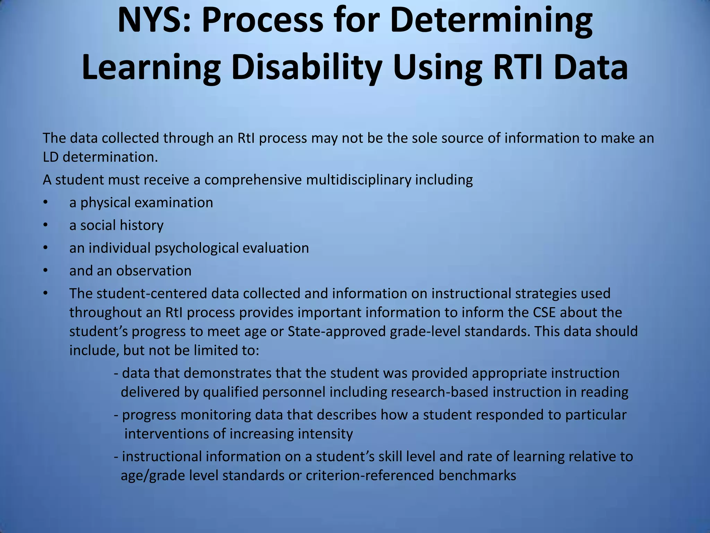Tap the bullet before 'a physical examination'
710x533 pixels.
pos(45,203)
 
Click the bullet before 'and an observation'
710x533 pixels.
pos(45,271)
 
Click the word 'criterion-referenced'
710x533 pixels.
pos(370,475)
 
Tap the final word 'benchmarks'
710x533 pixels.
pos(477,475)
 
